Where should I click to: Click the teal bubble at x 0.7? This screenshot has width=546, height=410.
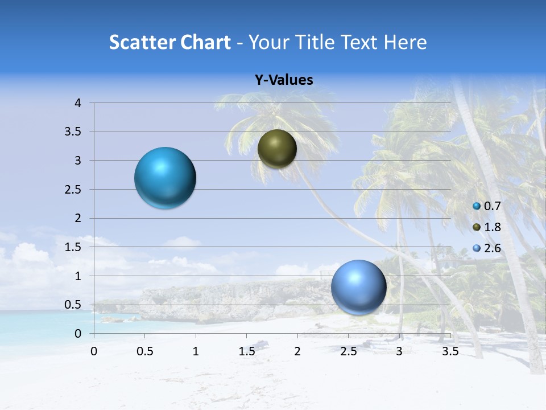[x=166, y=178]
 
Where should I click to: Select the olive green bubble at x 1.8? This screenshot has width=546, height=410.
[x=277, y=149]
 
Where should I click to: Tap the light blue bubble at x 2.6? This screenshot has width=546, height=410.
[x=359, y=287]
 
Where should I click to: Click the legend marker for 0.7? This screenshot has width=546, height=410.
[x=477, y=206]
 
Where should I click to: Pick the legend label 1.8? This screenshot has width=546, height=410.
[x=492, y=227]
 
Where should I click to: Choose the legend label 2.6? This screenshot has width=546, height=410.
[x=492, y=248]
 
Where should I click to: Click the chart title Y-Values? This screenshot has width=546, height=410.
[x=284, y=80]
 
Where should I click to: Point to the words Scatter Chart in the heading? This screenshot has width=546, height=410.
[x=170, y=42]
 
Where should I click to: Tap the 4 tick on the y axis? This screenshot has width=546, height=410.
[x=78, y=103]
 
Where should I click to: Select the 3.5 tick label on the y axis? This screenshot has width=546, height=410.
[x=74, y=132]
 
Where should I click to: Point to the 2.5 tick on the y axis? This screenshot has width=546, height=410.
[x=74, y=190]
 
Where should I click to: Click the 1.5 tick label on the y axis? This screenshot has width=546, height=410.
[x=74, y=247]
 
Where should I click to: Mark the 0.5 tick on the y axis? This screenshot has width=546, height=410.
[x=74, y=305]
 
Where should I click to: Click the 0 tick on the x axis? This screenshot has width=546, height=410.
[x=94, y=351]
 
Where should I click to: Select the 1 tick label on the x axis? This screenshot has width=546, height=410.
[x=196, y=351]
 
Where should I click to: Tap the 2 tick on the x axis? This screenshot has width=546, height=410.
[x=297, y=351]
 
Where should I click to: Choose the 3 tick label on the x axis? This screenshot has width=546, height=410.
[x=399, y=351]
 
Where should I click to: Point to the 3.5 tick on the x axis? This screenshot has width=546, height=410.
[x=450, y=351]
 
